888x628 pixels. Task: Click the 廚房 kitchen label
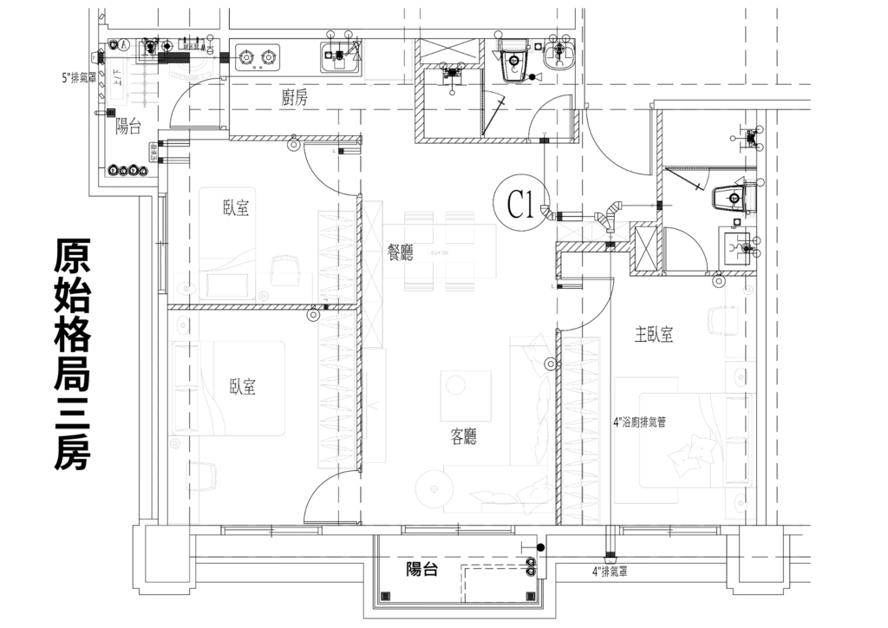(295, 97)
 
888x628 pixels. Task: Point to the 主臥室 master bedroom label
(654, 335)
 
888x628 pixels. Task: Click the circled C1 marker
(519, 205)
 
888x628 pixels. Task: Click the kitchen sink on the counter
(340, 58)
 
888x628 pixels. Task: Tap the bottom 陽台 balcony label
(421, 570)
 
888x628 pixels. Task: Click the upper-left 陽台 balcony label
(128, 128)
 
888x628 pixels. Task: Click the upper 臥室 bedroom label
(236, 208)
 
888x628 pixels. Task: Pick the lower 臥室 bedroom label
(243, 387)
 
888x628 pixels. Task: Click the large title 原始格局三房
(70, 355)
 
